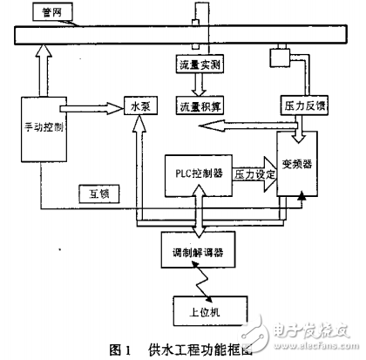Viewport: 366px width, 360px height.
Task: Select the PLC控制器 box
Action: point(199,172)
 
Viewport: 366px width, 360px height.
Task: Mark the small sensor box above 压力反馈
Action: point(281,58)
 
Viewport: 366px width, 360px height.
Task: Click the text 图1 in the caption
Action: point(119,349)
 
